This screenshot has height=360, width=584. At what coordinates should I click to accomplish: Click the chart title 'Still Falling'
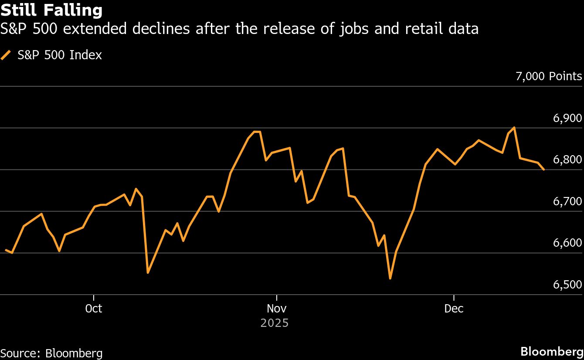52,10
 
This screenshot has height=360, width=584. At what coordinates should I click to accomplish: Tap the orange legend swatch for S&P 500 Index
6,55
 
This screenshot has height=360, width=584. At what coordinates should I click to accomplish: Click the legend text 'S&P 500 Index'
60,55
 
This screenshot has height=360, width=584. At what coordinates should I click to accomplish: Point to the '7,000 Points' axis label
549,76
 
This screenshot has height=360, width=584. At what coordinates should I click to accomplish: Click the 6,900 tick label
567,118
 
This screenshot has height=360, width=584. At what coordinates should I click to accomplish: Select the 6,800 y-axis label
567,160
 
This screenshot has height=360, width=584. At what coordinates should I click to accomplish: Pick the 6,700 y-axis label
567,201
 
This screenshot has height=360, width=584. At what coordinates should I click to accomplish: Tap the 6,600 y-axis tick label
567,243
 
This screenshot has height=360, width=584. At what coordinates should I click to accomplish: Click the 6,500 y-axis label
567,285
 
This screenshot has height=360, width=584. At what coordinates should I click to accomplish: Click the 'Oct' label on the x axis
94,309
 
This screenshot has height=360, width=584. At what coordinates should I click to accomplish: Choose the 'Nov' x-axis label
276,309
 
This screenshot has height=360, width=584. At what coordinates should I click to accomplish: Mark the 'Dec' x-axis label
454,309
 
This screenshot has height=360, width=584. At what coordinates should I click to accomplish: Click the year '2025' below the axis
275,323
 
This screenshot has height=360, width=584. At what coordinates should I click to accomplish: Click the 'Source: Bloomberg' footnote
51,353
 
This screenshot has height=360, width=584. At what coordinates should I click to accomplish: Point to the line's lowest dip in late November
390,278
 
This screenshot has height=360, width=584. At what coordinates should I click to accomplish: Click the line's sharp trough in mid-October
148,272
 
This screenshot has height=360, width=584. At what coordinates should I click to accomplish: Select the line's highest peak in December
515,128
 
